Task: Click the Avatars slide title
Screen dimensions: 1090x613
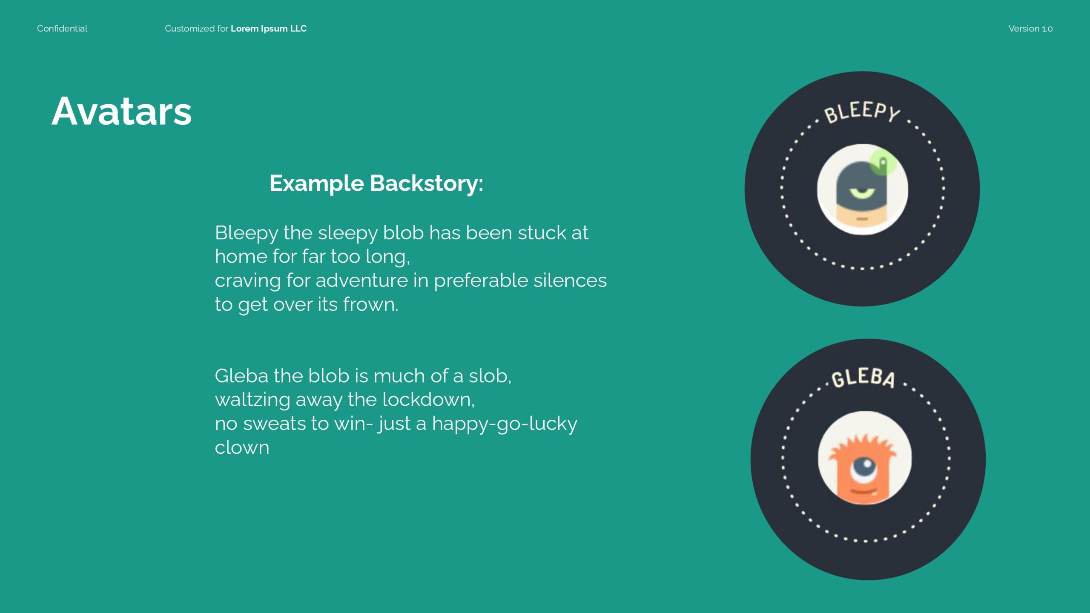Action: [122, 111]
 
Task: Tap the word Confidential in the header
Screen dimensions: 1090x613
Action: [62, 29]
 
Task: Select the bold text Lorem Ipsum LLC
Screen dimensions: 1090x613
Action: [269, 29]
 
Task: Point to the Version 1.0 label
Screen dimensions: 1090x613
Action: [1030, 29]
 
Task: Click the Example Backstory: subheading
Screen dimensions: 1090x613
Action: [376, 184]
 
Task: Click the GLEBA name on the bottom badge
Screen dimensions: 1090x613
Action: [863, 378]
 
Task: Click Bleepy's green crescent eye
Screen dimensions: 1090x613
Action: [862, 192]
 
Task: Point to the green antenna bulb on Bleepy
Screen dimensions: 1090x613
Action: [883, 162]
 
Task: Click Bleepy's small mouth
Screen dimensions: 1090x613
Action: [862, 219]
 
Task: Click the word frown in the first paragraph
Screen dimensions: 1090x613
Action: [370, 305]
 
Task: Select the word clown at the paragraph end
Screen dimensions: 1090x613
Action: [242, 447]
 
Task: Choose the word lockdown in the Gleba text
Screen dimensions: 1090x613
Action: [428, 400]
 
